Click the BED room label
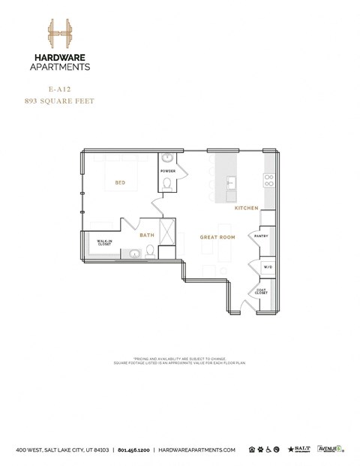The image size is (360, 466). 119,182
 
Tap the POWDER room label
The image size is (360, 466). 167,171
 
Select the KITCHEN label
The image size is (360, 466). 246,208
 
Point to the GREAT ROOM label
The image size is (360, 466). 217,237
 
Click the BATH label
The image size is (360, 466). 147,236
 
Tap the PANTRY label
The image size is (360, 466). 261,236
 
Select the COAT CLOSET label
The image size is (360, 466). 262,292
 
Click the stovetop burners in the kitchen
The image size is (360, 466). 268,180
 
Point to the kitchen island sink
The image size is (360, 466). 231,182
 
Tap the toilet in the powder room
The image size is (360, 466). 167,185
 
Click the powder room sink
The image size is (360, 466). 167,159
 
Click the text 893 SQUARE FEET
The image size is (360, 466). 60,101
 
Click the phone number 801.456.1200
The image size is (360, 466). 133,449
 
